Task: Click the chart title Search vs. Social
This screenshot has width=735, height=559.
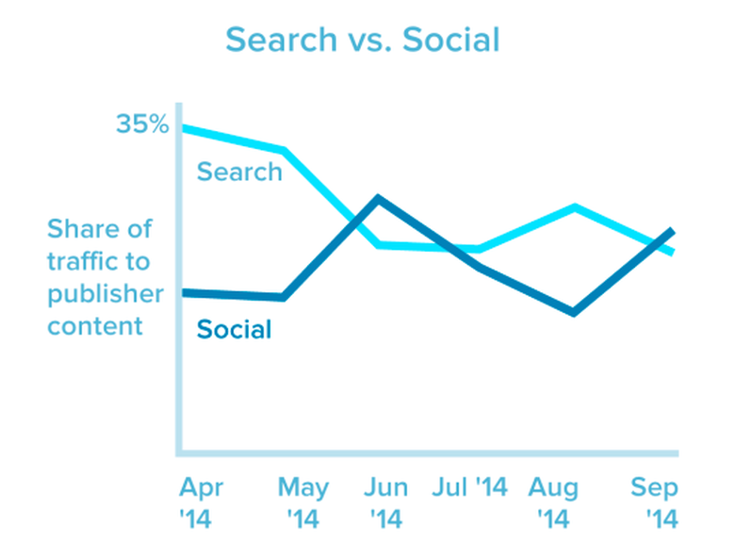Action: (363, 41)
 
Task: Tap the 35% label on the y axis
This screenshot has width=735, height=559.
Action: (141, 123)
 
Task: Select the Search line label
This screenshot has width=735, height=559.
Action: (239, 172)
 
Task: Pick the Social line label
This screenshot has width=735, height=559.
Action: (234, 329)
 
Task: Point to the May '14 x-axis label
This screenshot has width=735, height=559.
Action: (304, 502)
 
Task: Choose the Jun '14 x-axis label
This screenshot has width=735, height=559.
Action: (387, 502)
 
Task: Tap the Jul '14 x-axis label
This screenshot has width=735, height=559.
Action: (470, 487)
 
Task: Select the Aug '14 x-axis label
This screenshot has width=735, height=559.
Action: (553, 502)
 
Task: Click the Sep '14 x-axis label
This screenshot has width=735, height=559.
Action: (654, 502)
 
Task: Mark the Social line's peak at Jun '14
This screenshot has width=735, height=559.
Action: (378, 198)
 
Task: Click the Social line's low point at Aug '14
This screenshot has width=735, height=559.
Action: (573, 312)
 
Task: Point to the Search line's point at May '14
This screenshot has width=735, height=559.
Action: (283, 150)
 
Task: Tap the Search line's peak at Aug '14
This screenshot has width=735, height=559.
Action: (575, 206)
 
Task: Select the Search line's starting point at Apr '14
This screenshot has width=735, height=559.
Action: (182, 127)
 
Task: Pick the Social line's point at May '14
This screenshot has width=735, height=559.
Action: (283, 298)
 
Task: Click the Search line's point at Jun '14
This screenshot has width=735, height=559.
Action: (379, 245)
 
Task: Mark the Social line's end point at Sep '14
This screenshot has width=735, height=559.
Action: (671, 231)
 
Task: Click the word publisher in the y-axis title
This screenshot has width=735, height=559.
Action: (106, 293)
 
